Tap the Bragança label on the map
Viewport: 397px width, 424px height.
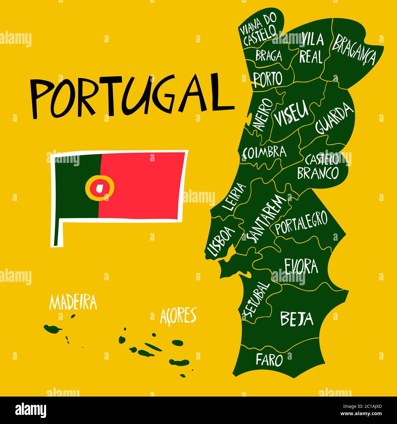coord(354,49)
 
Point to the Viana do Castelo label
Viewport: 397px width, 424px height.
coord(260,31)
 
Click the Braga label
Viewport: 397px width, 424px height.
coord(269,56)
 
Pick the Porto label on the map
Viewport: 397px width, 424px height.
coord(268,79)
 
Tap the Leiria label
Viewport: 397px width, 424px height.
coord(234,197)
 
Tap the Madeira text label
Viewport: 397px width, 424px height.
coord(73,303)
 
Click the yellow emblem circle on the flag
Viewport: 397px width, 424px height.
coord(100,187)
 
